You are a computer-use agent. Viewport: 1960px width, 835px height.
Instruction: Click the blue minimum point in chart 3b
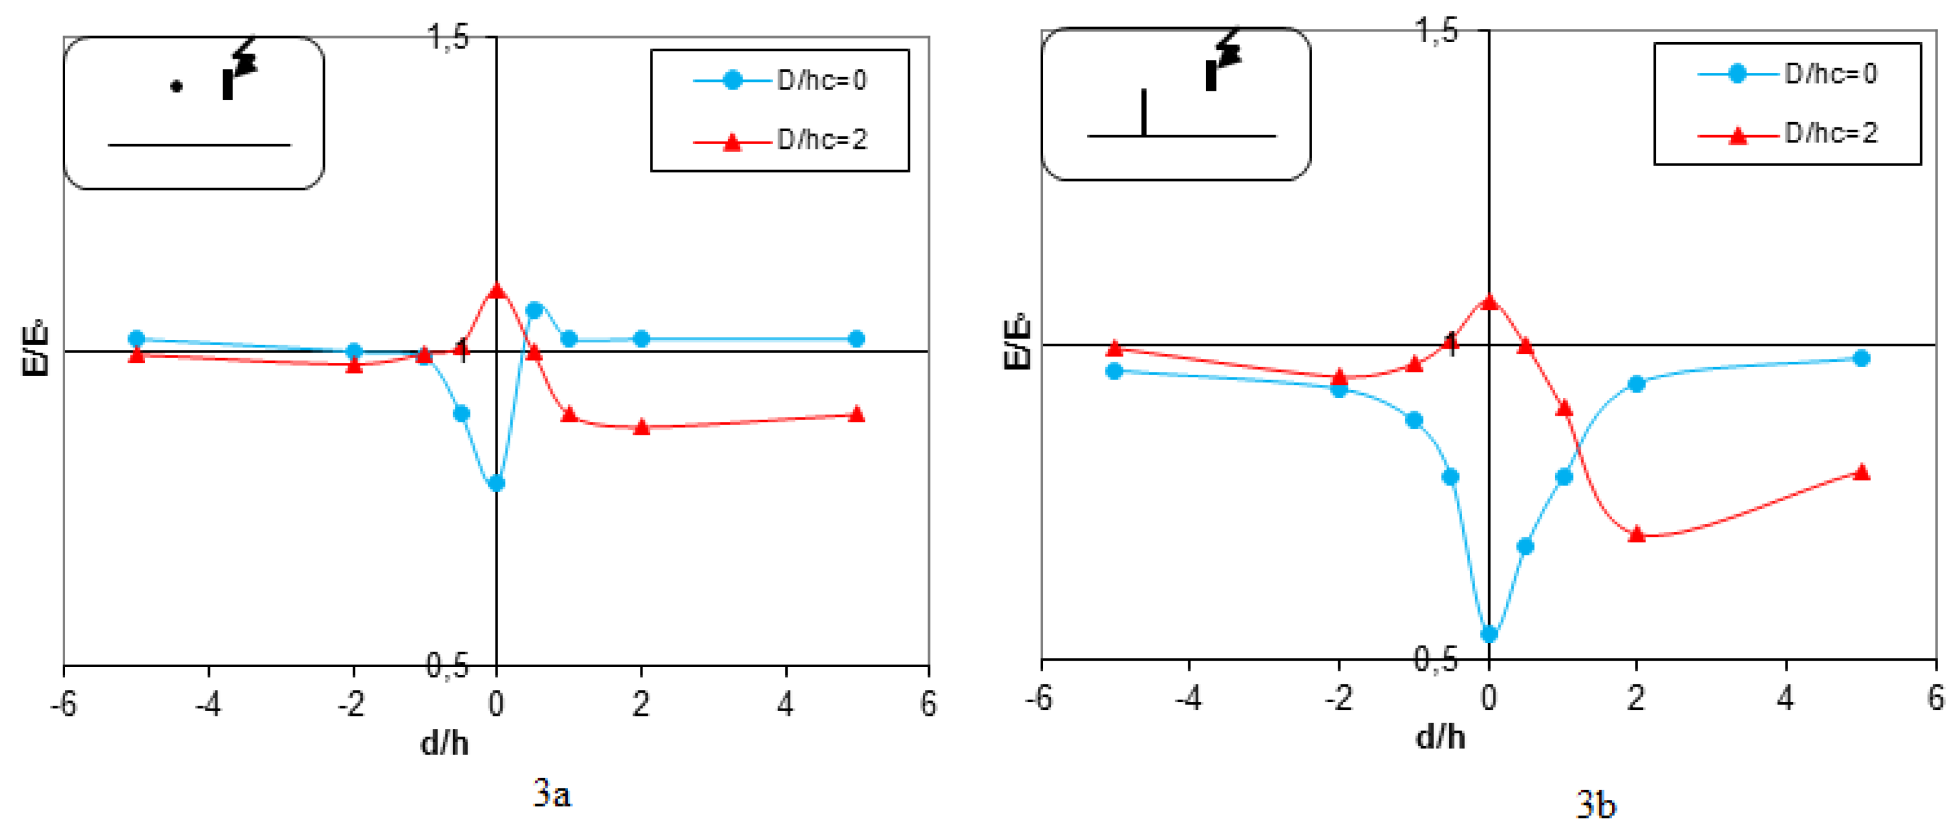1489,633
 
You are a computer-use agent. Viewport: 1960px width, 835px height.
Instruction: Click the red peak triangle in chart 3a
496,291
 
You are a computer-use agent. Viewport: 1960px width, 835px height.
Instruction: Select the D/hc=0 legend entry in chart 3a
781,80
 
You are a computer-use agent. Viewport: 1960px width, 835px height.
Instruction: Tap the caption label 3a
552,794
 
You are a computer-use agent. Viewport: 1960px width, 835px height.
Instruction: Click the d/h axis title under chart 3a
445,742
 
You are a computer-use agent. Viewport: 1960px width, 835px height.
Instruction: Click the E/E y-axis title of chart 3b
1017,343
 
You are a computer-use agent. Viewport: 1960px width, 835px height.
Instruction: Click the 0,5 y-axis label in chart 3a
447,665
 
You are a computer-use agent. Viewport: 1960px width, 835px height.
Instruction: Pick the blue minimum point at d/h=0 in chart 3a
496,483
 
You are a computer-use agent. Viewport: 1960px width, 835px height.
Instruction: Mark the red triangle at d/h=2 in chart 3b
1636,534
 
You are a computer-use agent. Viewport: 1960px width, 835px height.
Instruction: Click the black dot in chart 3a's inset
176,87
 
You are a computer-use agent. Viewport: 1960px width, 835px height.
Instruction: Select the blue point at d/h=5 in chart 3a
856,339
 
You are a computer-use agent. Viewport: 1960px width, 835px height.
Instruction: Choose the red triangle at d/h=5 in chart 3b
1861,472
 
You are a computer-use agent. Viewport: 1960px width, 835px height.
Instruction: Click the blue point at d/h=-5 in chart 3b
1114,371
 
